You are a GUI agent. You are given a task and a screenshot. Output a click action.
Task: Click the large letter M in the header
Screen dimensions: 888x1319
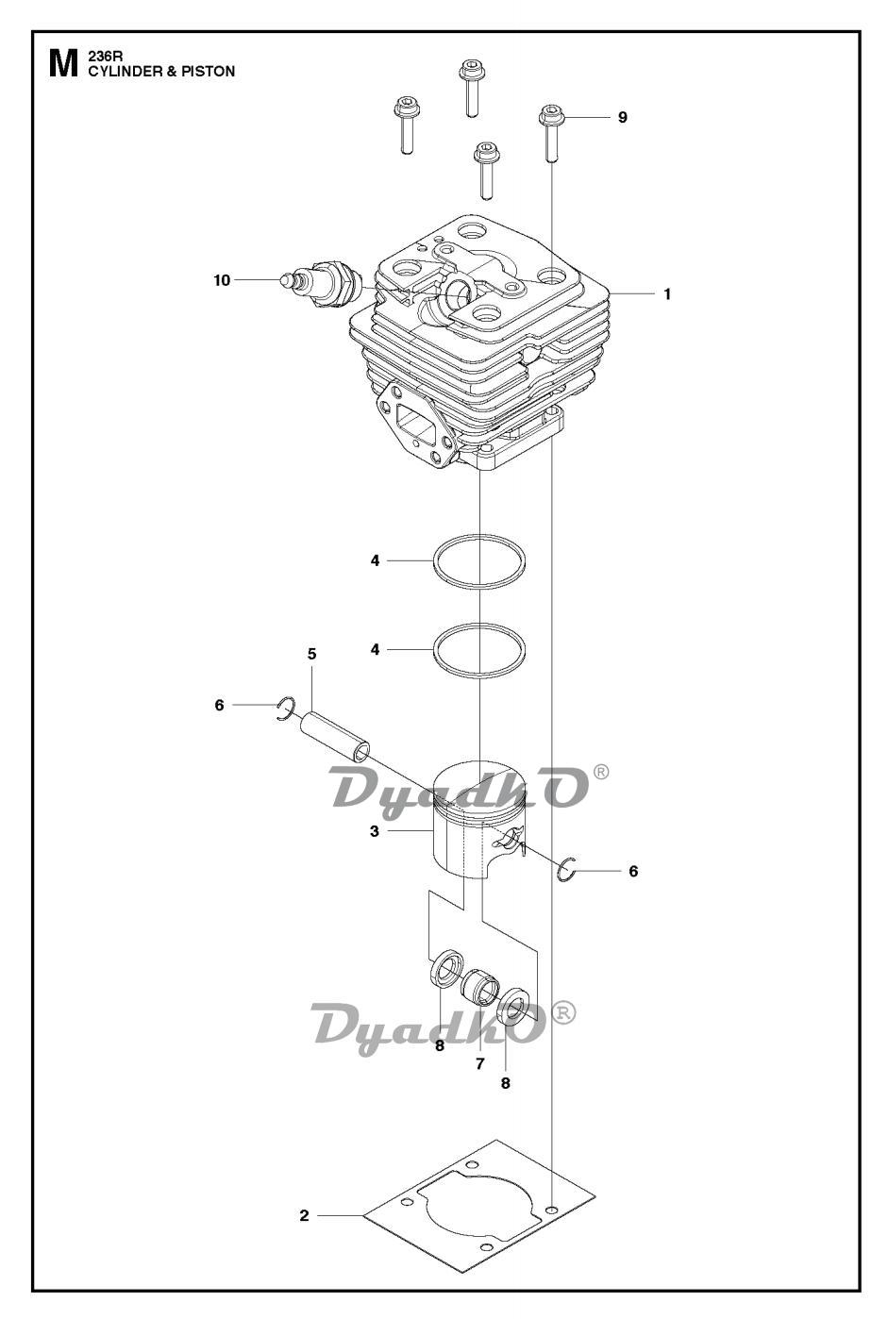click(x=63, y=64)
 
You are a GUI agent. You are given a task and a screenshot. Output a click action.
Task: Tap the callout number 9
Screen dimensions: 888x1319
click(x=623, y=117)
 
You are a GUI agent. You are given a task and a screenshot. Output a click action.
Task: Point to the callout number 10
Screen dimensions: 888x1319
click(x=222, y=280)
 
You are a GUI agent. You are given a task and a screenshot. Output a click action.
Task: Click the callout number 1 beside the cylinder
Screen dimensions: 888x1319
click(x=666, y=293)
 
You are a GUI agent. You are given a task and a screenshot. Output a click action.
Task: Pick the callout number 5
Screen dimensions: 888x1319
click(x=312, y=654)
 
